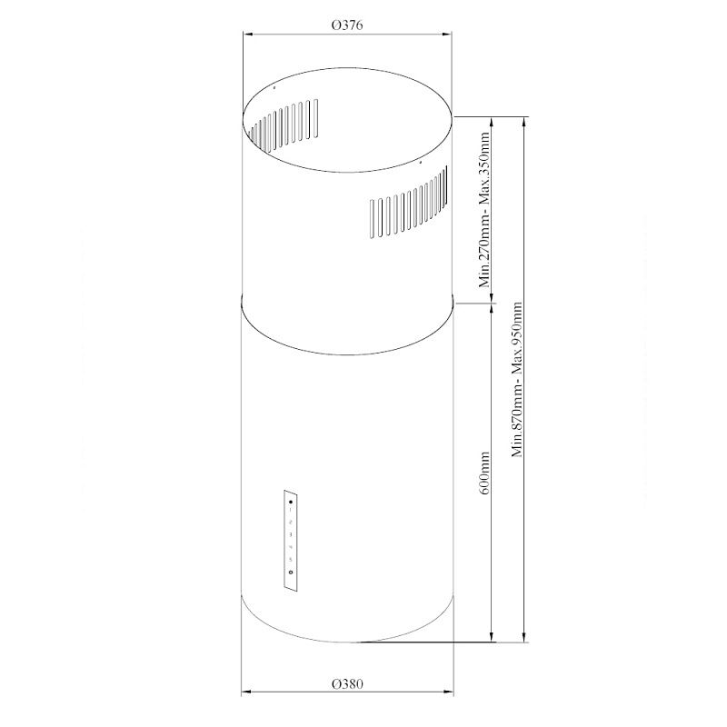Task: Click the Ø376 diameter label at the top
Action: click(x=348, y=26)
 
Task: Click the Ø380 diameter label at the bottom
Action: click(x=348, y=683)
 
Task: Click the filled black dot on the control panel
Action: click(x=290, y=502)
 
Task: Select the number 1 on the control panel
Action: click(x=290, y=512)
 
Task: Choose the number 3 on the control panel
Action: click(x=290, y=535)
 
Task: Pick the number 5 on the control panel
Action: click(x=290, y=559)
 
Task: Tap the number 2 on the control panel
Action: click(x=290, y=523)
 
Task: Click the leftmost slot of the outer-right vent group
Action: click(x=372, y=217)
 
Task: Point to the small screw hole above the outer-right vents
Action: click(x=420, y=164)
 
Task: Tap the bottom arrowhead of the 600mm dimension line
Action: click(x=493, y=638)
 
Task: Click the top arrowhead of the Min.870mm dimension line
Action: click(x=524, y=119)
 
